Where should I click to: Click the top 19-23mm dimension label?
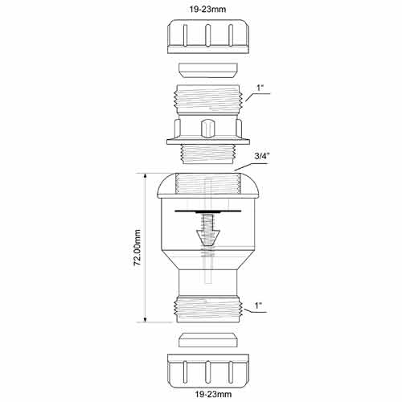click(207, 10)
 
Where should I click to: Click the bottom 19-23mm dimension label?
click(213, 394)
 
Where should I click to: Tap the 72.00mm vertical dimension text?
click(137, 248)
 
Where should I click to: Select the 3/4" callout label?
click(261, 157)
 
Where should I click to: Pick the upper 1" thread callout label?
click(260, 88)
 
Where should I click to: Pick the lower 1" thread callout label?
click(258, 306)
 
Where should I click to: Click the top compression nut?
click(208, 36)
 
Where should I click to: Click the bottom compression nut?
click(208, 371)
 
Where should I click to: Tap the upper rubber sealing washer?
click(208, 71)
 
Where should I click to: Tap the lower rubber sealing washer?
click(208, 340)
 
